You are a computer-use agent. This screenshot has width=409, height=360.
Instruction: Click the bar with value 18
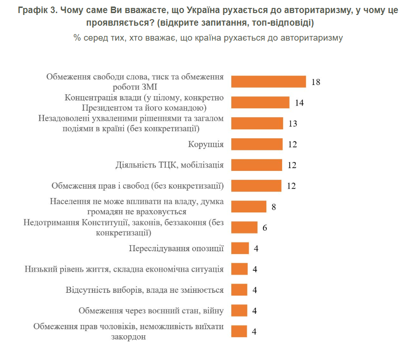pyautogui.click(x=269, y=82)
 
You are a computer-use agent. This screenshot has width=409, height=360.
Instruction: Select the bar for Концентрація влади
pyautogui.click(x=261, y=102)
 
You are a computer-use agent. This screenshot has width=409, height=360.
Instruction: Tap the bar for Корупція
pyautogui.click(x=257, y=144)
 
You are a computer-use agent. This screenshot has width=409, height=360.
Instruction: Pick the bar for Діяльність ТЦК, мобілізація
pyautogui.click(x=257, y=165)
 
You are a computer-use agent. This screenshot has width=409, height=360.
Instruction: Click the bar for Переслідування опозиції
pyautogui.click(x=240, y=248)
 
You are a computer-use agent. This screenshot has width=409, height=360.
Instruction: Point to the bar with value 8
pyautogui.click(x=249, y=206)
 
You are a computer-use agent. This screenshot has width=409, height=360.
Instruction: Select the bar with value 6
pyautogui.click(x=244, y=227)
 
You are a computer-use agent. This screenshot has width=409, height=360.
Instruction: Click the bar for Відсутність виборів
pyautogui.click(x=240, y=290)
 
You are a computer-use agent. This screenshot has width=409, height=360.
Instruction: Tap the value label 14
pyautogui.click(x=299, y=103)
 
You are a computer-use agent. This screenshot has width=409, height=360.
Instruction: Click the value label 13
pyautogui.click(x=293, y=124)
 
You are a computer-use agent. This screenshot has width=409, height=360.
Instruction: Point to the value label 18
pyautogui.click(x=316, y=82)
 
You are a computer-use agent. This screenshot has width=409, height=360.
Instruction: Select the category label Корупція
pyautogui.click(x=206, y=144)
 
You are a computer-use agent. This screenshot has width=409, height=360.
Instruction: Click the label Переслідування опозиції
pyautogui.click(x=176, y=248)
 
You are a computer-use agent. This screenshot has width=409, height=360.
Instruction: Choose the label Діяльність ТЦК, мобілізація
pyautogui.click(x=170, y=165)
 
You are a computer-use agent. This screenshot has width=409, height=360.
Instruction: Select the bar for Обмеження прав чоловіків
pyautogui.click(x=240, y=332)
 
